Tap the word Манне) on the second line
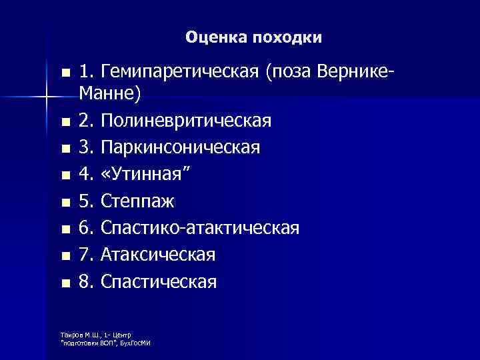point(110,95)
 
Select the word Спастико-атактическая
point(200,229)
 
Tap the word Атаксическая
point(157,255)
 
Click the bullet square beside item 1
point(64,73)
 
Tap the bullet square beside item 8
point(64,283)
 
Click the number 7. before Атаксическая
point(87,255)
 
